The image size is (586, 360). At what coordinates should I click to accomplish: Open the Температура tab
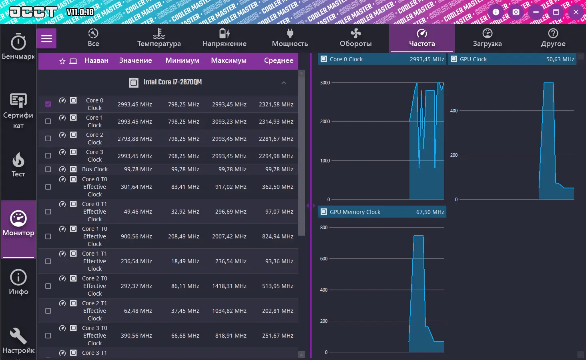(x=159, y=38)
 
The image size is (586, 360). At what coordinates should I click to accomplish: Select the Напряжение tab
(x=224, y=38)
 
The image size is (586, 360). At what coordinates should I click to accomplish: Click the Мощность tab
(x=290, y=38)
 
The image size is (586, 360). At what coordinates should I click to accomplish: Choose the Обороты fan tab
(x=355, y=38)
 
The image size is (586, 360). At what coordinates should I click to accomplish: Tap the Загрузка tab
(x=487, y=38)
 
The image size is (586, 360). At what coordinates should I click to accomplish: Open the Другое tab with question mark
(x=553, y=38)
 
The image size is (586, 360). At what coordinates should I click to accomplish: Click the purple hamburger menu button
(x=46, y=38)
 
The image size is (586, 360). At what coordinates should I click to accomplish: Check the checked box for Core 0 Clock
(x=48, y=104)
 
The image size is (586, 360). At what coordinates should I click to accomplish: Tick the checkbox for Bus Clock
(x=48, y=169)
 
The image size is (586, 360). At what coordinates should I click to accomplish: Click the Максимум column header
(x=229, y=60)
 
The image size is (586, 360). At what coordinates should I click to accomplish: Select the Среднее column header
(x=279, y=60)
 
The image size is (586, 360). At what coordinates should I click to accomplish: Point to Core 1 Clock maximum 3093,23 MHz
(x=229, y=122)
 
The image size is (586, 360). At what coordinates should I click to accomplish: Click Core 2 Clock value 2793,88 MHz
(x=134, y=139)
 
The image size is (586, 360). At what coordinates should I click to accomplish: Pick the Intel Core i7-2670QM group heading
(x=173, y=82)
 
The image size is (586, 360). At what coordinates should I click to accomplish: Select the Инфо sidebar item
(x=18, y=282)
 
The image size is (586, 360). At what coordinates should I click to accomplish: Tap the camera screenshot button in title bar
(x=516, y=12)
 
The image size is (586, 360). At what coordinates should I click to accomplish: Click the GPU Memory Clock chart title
(x=355, y=212)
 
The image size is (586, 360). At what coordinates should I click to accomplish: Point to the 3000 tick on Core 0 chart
(x=325, y=83)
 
